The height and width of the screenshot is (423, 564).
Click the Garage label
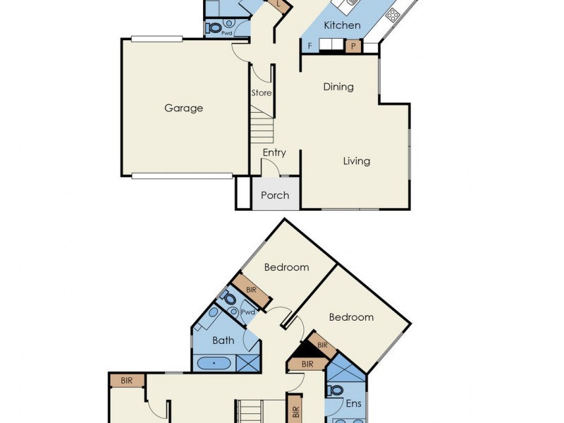pos(183,108)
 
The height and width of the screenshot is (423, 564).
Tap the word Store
pos(261,93)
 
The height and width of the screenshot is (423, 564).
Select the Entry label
pos(274,152)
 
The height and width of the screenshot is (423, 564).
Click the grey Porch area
pos(275,195)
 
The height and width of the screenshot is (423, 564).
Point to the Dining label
pos(338,87)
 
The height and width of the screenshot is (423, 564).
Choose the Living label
pos(357,161)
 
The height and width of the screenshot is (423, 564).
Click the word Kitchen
pos(342,25)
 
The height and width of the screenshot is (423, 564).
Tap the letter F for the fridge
pos(309,47)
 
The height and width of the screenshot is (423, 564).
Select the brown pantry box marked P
pos(353,47)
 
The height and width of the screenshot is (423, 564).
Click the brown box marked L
pos(280,5)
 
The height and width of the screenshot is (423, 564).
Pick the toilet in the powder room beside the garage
pos(213,29)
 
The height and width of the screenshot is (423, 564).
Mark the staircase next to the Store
pos(262,130)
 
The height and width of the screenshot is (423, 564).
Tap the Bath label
pos(223,341)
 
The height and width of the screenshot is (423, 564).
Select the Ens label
pos(353,405)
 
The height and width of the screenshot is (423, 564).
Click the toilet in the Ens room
pos(336,390)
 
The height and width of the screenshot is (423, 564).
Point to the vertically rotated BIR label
pos(295,408)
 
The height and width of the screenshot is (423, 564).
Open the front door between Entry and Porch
pos(271,167)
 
